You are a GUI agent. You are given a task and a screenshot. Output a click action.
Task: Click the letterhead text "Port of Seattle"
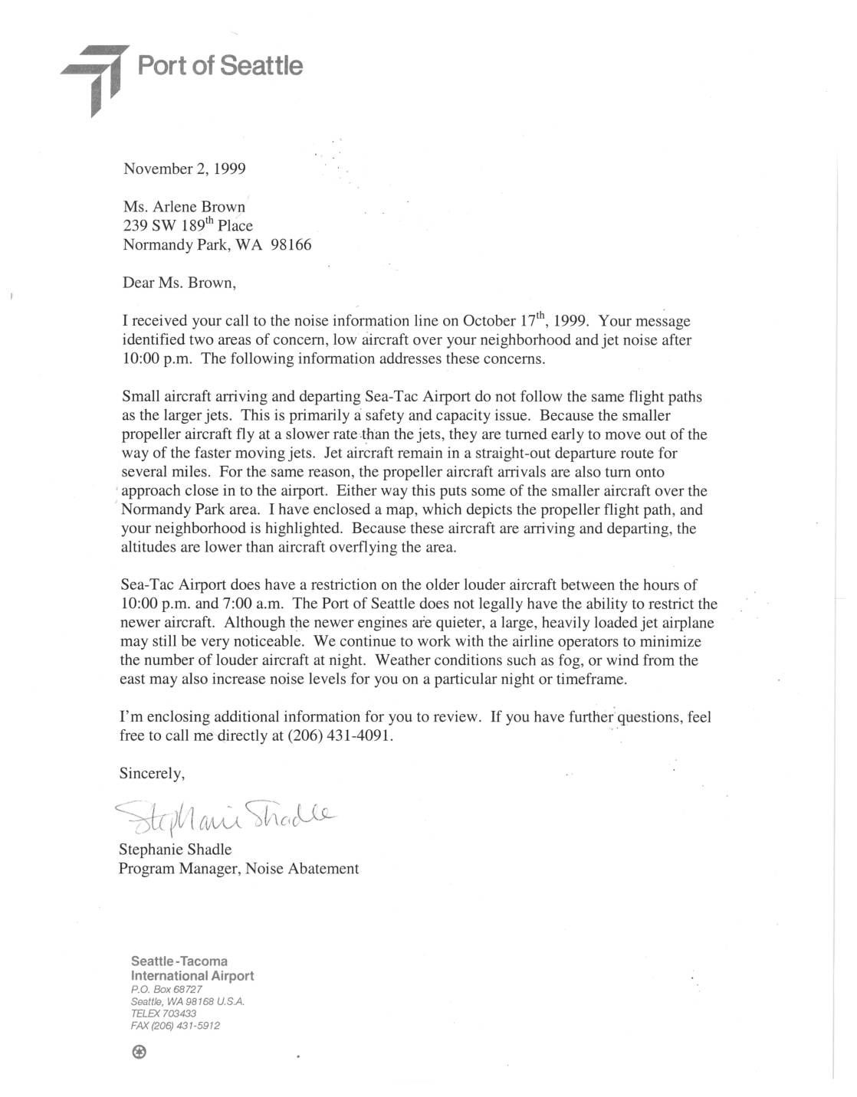click(x=220, y=66)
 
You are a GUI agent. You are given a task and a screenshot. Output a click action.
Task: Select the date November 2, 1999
click(x=184, y=169)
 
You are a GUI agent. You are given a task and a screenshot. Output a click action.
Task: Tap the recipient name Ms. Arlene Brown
click(x=184, y=208)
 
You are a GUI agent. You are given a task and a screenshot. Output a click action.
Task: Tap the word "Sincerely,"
click(x=152, y=774)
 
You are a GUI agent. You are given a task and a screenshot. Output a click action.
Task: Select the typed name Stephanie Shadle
click(x=175, y=850)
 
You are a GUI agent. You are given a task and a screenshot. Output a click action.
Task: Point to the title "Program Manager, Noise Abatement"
click(x=238, y=869)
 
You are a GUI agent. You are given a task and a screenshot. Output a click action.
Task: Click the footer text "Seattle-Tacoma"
click(x=179, y=961)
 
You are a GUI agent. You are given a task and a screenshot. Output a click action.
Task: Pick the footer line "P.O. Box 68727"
click(x=166, y=989)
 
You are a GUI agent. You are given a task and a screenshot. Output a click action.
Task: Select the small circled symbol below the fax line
click(x=139, y=1053)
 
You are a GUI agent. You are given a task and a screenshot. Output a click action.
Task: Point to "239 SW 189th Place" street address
click(x=188, y=226)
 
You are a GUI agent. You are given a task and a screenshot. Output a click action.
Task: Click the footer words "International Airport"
click(x=192, y=976)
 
